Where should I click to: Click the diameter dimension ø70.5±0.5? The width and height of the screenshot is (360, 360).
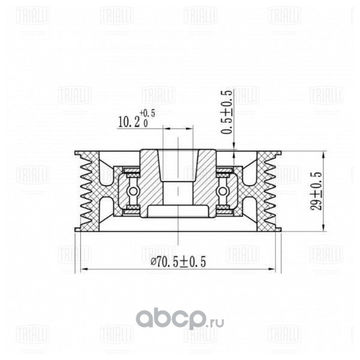[x=178, y=262]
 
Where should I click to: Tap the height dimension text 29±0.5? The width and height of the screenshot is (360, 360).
[x=316, y=191]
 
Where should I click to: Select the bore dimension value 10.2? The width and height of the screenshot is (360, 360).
[x=128, y=122]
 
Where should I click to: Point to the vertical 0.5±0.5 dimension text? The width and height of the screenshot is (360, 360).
[x=226, y=112]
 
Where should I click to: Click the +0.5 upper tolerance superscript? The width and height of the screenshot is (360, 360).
[x=148, y=113]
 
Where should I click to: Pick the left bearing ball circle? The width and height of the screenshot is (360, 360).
[x=133, y=191]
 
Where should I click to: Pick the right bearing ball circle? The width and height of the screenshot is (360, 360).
[x=223, y=191]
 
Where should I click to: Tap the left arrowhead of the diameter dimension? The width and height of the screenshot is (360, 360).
[x=85, y=269]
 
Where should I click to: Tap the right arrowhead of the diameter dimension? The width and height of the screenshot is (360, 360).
[x=271, y=269]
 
